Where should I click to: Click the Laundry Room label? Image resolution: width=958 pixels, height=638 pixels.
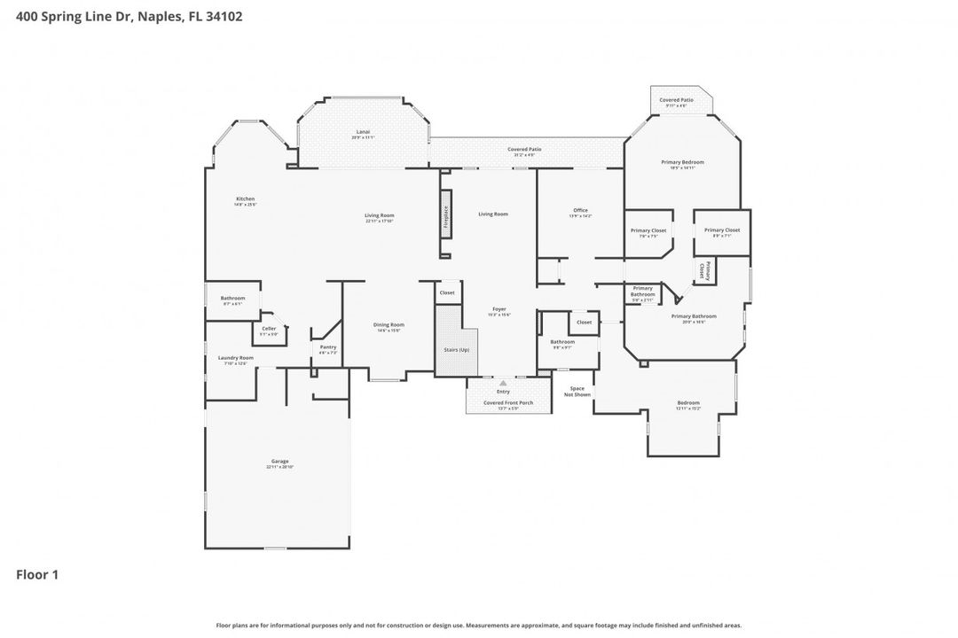[x=236, y=359]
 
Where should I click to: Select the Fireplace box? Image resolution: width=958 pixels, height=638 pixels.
[x=446, y=220]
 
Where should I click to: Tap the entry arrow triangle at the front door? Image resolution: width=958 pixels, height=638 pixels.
[x=503, y=383]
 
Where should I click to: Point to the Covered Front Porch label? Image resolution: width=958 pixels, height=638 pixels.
[x=508, y=404]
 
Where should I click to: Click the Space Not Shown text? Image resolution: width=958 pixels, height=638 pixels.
[x=577, y=391]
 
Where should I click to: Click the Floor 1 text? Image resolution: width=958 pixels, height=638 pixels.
[x=37, y=575]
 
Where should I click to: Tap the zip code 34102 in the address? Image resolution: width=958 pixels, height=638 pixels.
[x=224, y=16]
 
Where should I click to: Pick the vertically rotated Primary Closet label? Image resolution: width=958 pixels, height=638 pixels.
[x=704, y=270]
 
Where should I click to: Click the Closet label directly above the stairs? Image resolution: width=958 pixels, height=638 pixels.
[x=447, y=292]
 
